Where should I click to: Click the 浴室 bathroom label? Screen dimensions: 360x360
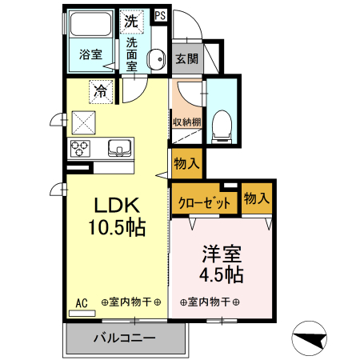(x=90, y=55)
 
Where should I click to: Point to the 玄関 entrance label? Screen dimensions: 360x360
(x=186, y=58)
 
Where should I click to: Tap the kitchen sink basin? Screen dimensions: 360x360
(x=119, y=147)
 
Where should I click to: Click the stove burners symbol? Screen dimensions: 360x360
(x=82, y=147)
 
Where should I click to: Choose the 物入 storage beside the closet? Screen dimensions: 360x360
(x=255, y=198)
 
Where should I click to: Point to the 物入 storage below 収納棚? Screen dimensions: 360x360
(x=186, y=162)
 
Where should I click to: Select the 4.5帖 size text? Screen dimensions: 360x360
(x=220, y=274)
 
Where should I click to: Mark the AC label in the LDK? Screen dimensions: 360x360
(x=81, y=302)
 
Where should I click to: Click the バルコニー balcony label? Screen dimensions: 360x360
(x=124, y=338)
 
